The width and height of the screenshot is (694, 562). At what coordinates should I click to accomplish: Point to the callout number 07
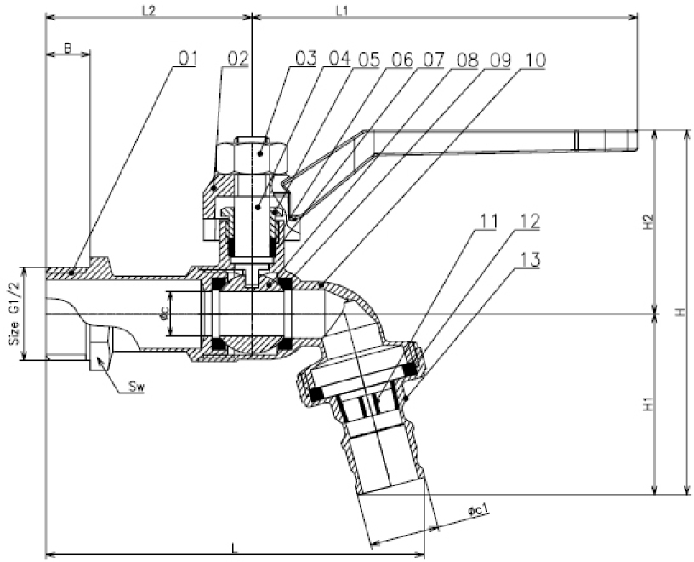(x=433, y=60)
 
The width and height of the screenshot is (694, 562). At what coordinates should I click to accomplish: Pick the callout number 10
(x=535, y=60)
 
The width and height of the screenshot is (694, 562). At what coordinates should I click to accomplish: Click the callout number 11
(x=487, y=221)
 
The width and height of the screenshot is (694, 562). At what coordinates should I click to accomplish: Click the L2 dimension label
(x=149, y=11)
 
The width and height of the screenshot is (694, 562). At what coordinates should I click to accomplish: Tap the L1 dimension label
(x=342, y=11)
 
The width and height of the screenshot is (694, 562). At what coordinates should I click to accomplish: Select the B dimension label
(x=68, y=48)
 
